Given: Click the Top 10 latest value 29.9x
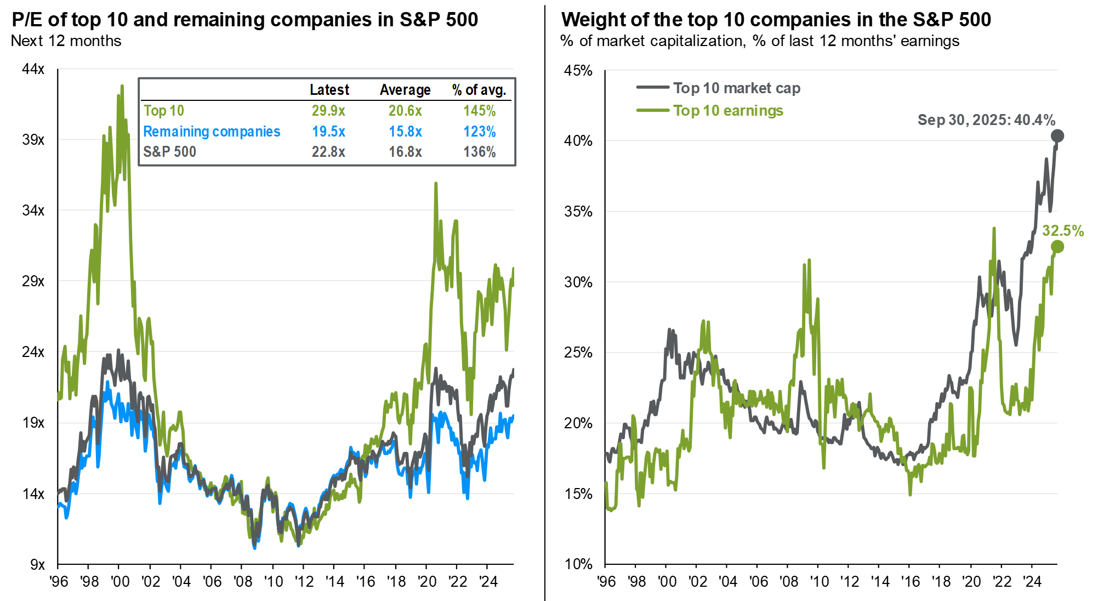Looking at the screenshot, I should [x=328, y=111].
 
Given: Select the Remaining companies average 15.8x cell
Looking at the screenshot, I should [x=405, y=132].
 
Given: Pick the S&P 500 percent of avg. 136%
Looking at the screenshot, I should [x=479, y=152].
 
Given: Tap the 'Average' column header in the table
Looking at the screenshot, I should [x=405, y=90].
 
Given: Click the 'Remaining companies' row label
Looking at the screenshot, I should [x=212, y=132].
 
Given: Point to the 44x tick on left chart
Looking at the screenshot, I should [x=33, y=69].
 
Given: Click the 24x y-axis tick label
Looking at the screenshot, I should [x=33, y=352].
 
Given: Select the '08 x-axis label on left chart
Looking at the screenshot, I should [x=243, y=582].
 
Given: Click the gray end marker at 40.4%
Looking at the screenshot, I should [x=1057, y=136].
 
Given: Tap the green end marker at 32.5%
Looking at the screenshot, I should [x=1057, y=247].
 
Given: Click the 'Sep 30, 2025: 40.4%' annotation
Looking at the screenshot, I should [x=986, y=120].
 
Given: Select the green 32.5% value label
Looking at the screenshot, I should [x=1062, y=231].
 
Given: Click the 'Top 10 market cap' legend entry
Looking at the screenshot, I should [x=736, y=88].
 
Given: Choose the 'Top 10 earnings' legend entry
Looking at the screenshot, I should [x=728, y=111].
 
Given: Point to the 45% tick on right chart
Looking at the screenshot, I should [x=578, y=71].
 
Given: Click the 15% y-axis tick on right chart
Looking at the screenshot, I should [x=578, y=494].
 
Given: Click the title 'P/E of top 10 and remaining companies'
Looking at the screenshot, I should [x=244, y=20].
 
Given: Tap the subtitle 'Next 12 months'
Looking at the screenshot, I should [x=66, y=41].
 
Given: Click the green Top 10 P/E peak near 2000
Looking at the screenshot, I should [x=122, y=86].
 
